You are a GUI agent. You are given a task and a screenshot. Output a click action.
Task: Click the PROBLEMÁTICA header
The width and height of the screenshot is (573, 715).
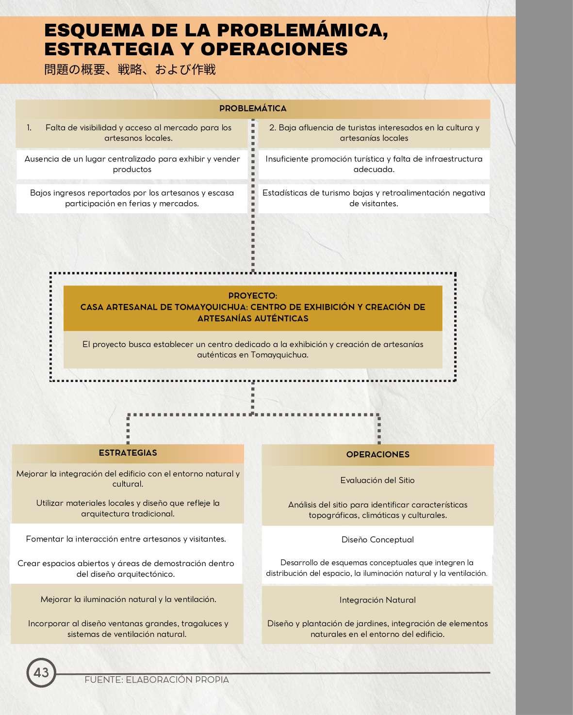(253, 109)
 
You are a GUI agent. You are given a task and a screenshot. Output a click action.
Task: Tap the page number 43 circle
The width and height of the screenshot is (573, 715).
(41, 672)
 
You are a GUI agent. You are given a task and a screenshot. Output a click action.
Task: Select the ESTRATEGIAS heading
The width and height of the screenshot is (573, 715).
(128, 453)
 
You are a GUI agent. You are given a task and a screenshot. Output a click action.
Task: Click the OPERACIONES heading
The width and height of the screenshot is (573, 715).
(377, 455)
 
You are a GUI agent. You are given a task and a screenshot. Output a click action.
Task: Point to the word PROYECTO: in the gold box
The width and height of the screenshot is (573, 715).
(253, 296)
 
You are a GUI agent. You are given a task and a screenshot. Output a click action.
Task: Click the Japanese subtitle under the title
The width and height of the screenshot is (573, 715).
(130, 70)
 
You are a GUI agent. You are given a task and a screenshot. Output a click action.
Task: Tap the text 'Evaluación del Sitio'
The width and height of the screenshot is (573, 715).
(377, 480)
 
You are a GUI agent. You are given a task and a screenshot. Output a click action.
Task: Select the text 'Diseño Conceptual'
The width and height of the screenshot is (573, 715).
(377, 540)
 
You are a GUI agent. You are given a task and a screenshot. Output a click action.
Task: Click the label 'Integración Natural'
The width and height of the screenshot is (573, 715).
(377, 600)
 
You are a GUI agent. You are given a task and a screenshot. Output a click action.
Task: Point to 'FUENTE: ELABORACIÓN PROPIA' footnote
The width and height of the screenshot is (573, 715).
(157, 680)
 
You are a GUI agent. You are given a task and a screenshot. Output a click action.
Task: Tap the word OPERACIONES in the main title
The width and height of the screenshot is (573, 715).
(274, 49)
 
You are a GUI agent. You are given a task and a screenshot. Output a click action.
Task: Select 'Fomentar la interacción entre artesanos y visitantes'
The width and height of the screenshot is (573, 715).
(126, 539)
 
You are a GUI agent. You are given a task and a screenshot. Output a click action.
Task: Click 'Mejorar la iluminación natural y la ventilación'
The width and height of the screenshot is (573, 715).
(128, 600)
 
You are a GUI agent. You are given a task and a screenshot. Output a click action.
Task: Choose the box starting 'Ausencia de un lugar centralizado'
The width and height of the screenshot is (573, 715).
(132, 164)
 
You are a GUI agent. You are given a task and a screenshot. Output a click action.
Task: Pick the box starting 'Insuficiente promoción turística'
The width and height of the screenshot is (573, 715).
(374, 164)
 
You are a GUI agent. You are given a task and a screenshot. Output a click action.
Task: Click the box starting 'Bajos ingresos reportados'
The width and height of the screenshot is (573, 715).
(132, 198)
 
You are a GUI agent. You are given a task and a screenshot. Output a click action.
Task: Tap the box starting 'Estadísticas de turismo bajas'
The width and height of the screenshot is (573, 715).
(374, 198)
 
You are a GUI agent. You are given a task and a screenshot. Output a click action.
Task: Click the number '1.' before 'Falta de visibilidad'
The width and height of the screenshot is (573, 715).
(29, 128)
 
